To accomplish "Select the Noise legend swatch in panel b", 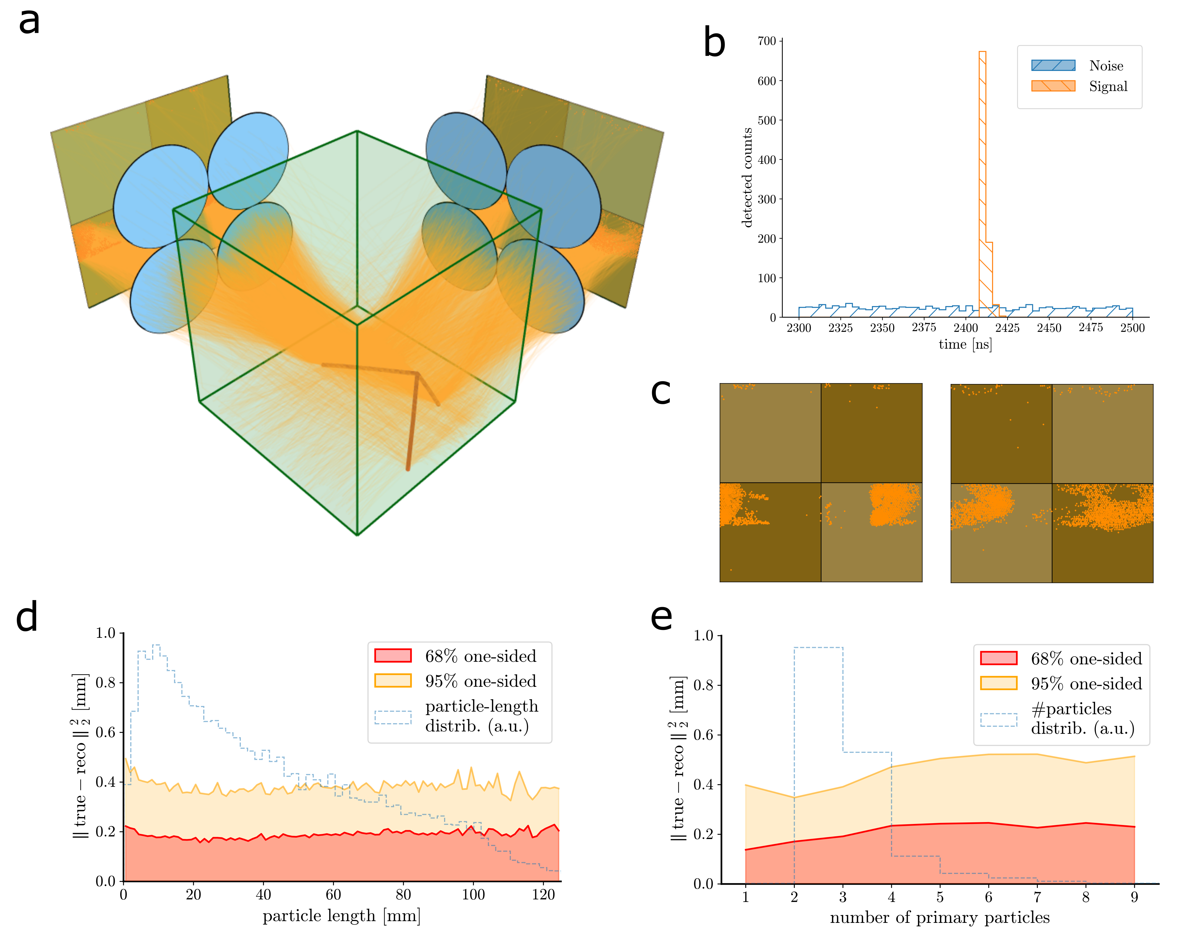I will click(x=1053, y=65).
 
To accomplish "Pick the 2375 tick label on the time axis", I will click(x=924, y=328).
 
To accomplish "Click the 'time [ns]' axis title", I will click(x=965, y=344).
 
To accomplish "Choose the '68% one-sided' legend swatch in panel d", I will click(x=393, y=656).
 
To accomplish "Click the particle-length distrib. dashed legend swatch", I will click(x=393, y=717).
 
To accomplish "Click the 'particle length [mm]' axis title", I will click(x=341, y=916).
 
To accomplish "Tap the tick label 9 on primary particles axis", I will click(x=1134, y=897).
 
